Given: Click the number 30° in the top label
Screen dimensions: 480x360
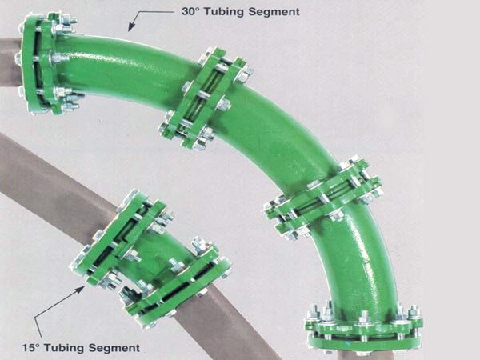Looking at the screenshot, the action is click(x=190, y=12).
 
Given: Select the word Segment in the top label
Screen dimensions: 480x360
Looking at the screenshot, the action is click(x=274, y=12).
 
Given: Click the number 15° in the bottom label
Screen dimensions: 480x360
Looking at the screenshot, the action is click(x=31, y=348).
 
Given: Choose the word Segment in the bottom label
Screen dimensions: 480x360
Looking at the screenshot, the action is click(x=114, y=348).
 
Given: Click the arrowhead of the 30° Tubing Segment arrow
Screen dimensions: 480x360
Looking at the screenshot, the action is click(x=132, y=27).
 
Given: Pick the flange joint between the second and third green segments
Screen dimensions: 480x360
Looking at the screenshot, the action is click(x=322, y=199).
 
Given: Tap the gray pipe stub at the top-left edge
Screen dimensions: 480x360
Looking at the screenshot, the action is click(x=10, y=62).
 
